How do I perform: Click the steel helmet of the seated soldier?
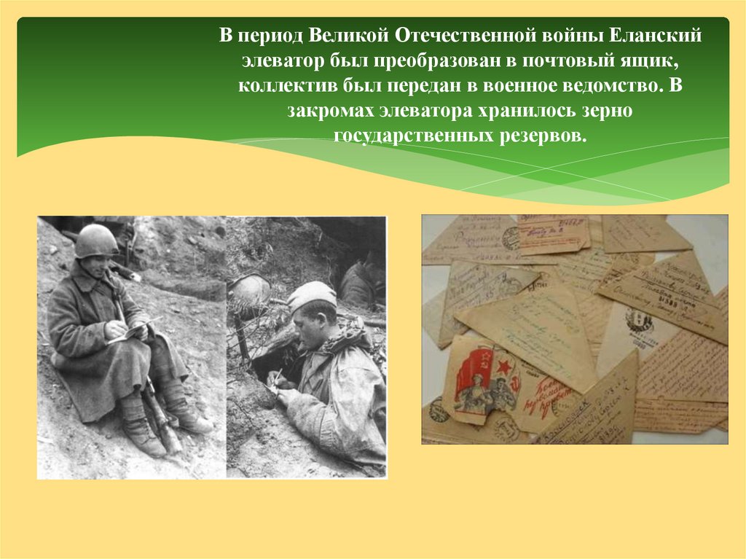95,240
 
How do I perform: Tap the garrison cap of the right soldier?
311,294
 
